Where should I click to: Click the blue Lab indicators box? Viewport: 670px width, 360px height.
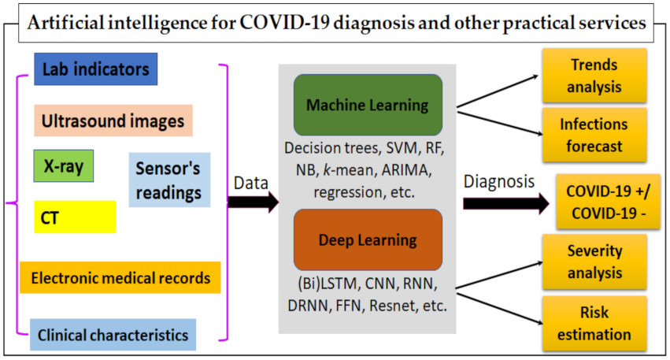pyautogui.click(x=96, y=69)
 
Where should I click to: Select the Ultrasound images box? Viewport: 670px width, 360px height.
pyautogui.click(x=113, y=121)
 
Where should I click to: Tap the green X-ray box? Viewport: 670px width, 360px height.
pyautogui.click(x=64, y=165)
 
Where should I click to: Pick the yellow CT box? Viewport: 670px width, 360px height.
pyautogui.click(x=75, y=216)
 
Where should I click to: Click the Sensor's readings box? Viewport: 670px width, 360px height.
pyautogui.click(x=168, y=180)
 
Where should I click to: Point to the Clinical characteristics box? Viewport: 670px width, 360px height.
pyautogui.click(x=113, y=335)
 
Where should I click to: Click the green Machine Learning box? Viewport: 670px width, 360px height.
pyautogui.click(x=367, y=105)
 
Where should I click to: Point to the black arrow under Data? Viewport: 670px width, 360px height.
pyautogui.click(x=254, y=202)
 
